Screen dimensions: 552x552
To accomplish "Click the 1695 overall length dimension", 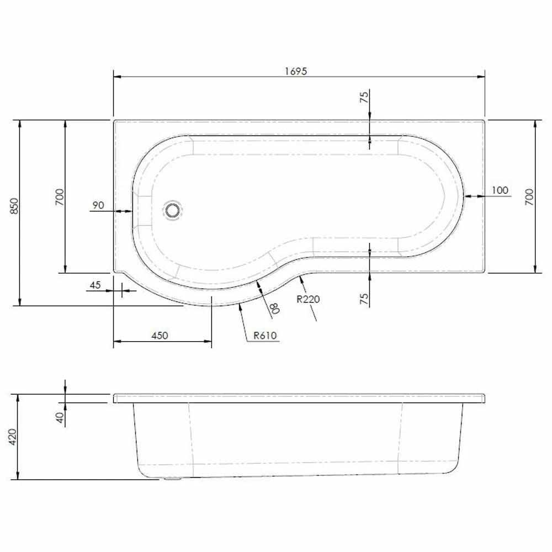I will [296, 71].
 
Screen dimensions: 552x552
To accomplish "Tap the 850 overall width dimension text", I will [15, 206].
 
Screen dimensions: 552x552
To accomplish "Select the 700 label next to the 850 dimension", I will [60, 197].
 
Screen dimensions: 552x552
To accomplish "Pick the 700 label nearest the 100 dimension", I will [528, 197].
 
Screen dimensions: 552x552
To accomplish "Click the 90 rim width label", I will [98, 205].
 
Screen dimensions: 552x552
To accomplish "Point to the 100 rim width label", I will [499, 190].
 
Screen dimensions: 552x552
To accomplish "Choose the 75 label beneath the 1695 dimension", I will [364, 98].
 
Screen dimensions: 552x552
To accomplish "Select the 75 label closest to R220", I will [364, 299].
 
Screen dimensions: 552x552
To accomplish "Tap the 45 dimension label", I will [95, 285].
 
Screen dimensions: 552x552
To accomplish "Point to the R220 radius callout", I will [308, 300].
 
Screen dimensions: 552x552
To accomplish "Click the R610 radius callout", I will [265, 335].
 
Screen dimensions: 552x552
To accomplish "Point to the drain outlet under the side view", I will [172, 480].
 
